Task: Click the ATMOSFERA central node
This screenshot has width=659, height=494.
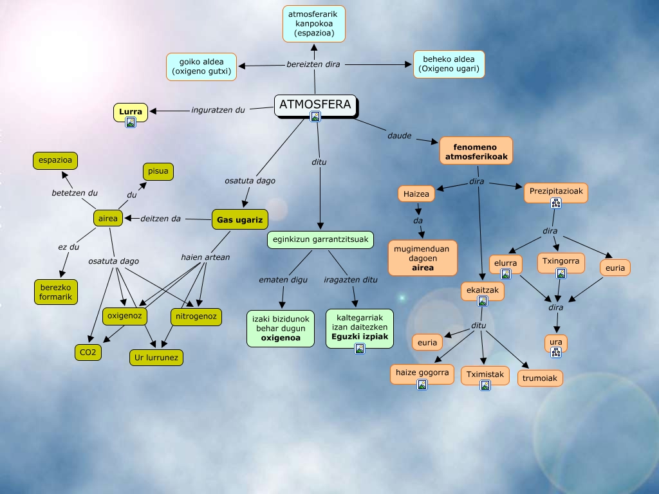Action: pyautogui.click(x=315, y=104)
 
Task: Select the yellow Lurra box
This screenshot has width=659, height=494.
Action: pyautogui.click(x=131, y=112)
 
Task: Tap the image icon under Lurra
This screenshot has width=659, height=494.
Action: pyautogui.click(x=131, y=122)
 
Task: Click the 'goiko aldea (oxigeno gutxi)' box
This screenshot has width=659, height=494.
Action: pyautogui.click(x=201, y=67)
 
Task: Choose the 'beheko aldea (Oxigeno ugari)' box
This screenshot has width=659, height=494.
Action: pyautogui.click(x=449, y=64)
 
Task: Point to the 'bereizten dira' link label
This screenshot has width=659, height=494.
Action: pyautogui.click(x=313, y=64)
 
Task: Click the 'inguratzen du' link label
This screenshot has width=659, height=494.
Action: pyautogui.click(x=218, y=109)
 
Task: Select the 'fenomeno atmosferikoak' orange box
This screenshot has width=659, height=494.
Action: pyautogui.click(x=476, y=151)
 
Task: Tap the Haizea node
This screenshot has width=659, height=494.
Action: pyautogui.click(x=416, y=193)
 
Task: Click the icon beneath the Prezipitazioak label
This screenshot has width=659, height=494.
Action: pyautogui.click(x=556, y=203)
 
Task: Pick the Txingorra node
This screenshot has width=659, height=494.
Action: pyautogui.click(x=561, y=262)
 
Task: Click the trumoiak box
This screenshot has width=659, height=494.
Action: pyautogui.click(x=540, y=378)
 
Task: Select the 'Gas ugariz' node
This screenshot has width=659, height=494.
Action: pyautogui.click(x=239, y=220)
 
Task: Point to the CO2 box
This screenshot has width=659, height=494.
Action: pyautogui.click(x=88, y=352)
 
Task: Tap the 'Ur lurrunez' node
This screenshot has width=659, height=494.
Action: pyautogui.click(x=156, y=358)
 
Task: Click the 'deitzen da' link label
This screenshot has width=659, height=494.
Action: pyautogui.click(x=160, y=219)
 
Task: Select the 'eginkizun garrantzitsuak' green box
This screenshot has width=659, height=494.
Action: pyautogui.click(x=320, y=240)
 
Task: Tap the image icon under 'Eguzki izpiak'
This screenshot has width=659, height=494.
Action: pyautogui.click(x=360, y=349)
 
